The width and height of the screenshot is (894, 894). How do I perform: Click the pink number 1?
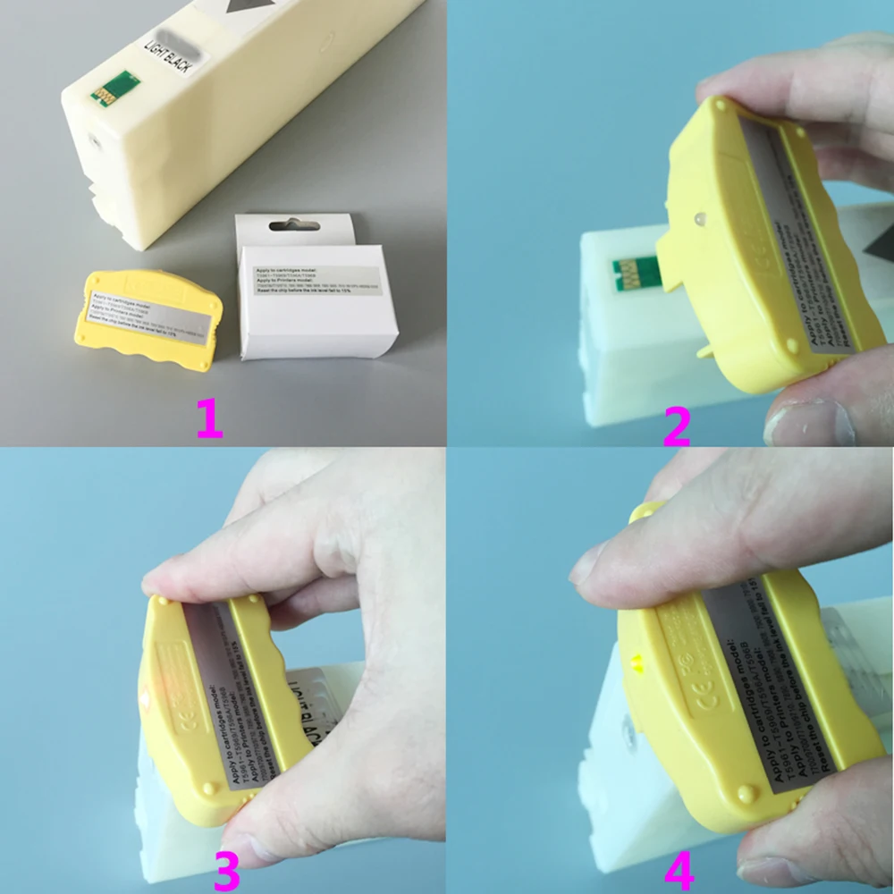click(x=208, y=417)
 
